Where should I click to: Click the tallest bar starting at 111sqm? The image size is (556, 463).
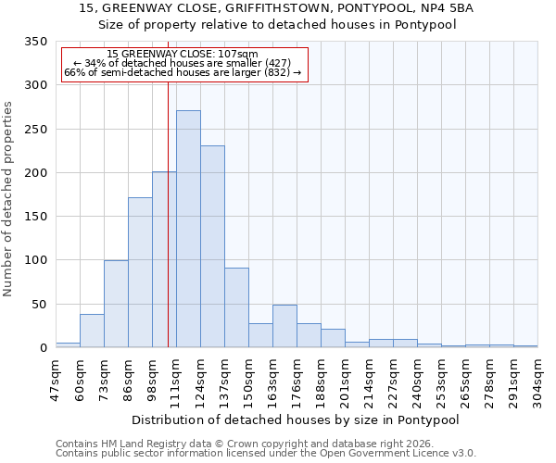pos(188,229)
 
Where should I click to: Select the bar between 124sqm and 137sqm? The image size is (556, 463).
pos(212,246)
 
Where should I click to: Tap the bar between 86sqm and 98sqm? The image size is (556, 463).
pos(140,272)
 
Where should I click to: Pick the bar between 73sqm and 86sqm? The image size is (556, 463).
pos(116,304)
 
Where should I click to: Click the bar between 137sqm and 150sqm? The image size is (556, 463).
pos(236,307)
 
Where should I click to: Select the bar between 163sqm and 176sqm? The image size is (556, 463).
pos(284,326)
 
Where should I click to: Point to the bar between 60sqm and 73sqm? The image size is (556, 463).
pos(92,331)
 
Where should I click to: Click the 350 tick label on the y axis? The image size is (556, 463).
pos(35,42)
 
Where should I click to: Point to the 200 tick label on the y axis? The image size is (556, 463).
pos(35,173)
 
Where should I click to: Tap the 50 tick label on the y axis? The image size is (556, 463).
pos(39,305)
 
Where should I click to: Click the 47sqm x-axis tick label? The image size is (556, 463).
pos(56,380)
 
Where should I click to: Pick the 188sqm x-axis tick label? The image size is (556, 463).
pos(321,380)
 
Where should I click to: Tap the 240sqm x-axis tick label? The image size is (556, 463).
pos(417,380)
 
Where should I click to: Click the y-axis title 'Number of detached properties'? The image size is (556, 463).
pos(8,199)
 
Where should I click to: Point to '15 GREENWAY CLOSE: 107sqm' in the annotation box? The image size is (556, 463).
pos(183,55)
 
